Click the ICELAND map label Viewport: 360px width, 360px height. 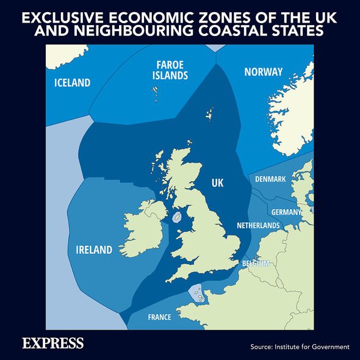click(x=72, y=83)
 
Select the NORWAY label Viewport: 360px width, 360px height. click(x=263, y=72)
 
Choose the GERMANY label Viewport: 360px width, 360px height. click(x=286, y=212)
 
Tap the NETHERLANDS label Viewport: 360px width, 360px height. click(x=258, y=225)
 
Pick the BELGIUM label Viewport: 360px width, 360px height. click(x=256, y=263)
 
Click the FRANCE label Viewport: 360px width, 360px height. click(x=160, y=317)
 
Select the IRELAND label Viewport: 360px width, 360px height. click(x=94, y=250)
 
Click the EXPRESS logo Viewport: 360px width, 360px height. click(x=52, y=343)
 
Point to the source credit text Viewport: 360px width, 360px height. click(x=300, y=347)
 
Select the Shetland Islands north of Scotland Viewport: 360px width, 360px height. click(x=210, y=114)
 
